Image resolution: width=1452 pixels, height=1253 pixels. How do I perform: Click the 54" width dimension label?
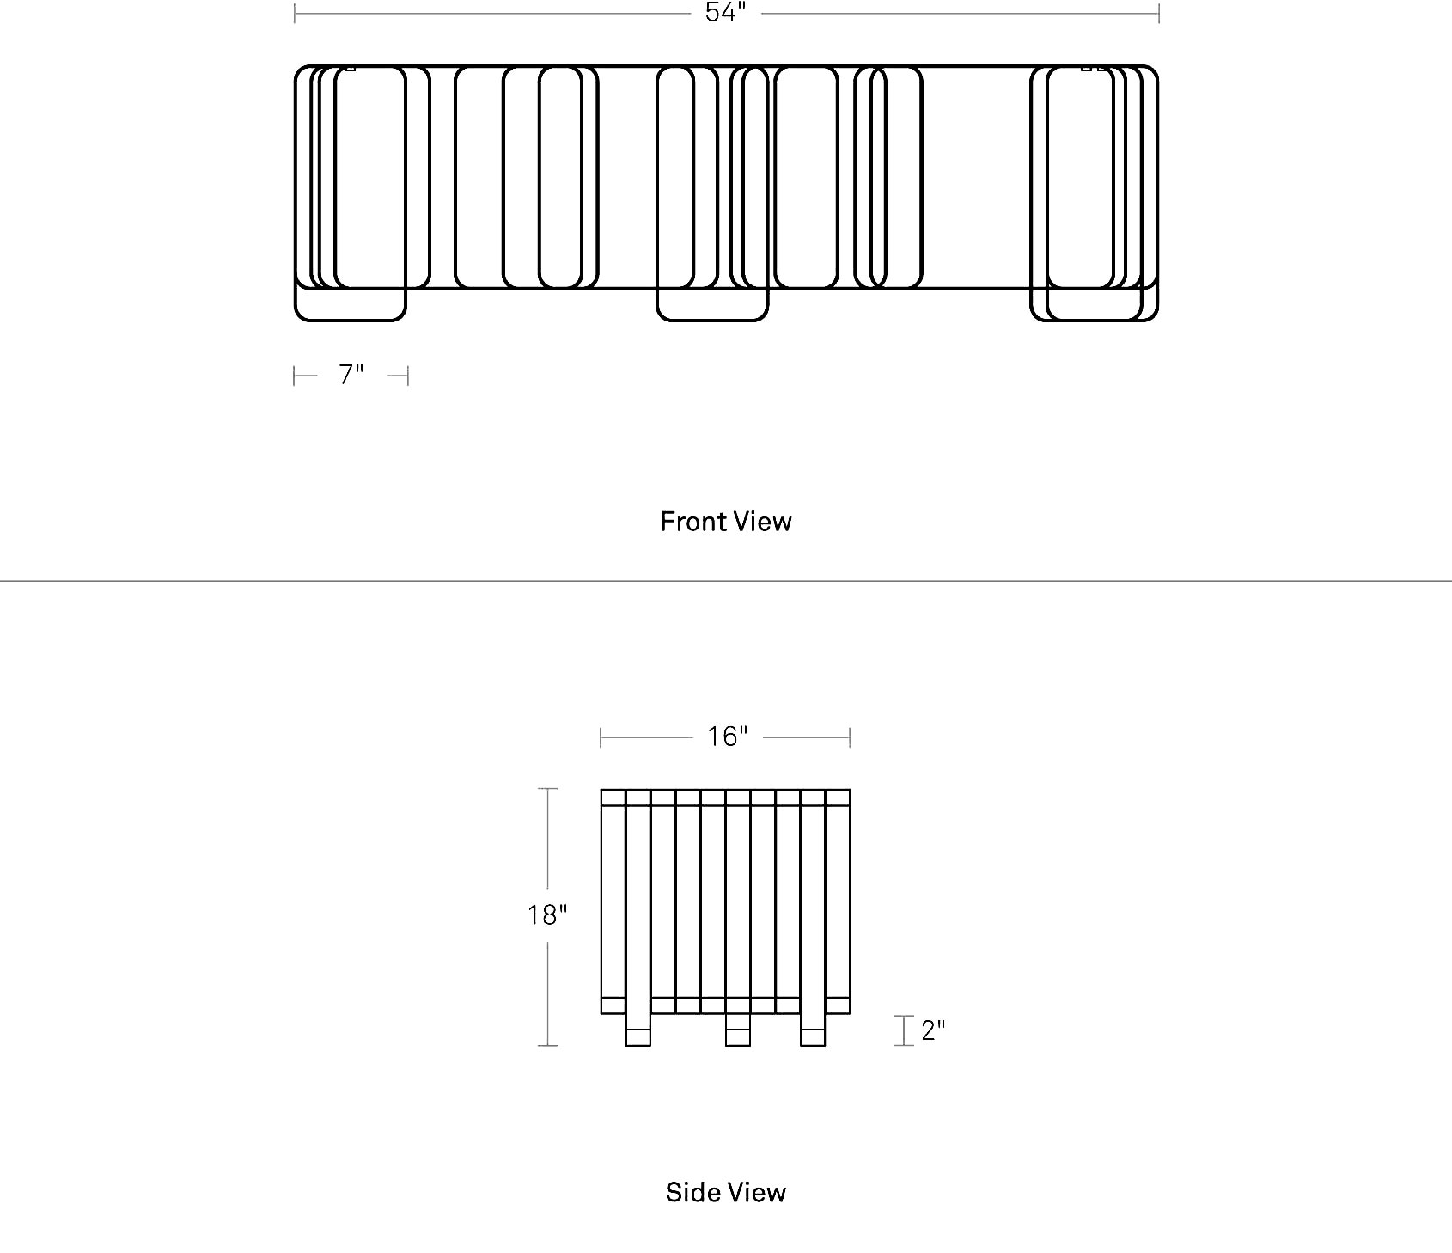[x=725, y=12]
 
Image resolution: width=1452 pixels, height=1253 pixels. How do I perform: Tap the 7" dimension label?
[x=351, y=375]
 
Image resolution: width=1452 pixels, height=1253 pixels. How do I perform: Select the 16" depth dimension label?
[x=728, y=737]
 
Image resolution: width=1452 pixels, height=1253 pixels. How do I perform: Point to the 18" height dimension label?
[x=547, y=915]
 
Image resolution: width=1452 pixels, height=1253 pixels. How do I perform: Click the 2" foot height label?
[x=933, y=1030]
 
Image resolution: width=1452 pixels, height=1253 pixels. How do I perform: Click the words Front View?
[x=726, y=522]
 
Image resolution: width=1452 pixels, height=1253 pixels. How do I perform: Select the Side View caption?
[x=726, y=1192]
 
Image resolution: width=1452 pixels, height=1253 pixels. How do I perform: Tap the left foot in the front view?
[x=350, y=305]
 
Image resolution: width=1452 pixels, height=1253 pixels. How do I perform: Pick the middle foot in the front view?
[x=712, y=305]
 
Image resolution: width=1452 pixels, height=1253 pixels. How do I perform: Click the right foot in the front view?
[x=1094, y=305]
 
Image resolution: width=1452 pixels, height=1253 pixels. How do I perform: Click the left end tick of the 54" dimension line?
[x=295, y=14]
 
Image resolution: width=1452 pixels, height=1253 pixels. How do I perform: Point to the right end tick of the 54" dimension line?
[x=1159, y=14]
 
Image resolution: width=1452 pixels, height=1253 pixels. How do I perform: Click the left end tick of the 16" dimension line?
[x=601, y=737]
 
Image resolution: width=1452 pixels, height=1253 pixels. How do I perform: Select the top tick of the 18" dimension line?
[x=547, y=788]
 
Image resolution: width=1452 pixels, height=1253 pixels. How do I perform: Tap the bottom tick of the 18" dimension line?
[x=547, y=1046]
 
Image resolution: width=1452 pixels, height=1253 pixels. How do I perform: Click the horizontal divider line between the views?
[x=726, y=581]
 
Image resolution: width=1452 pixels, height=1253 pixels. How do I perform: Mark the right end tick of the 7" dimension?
[x=408, y=376]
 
